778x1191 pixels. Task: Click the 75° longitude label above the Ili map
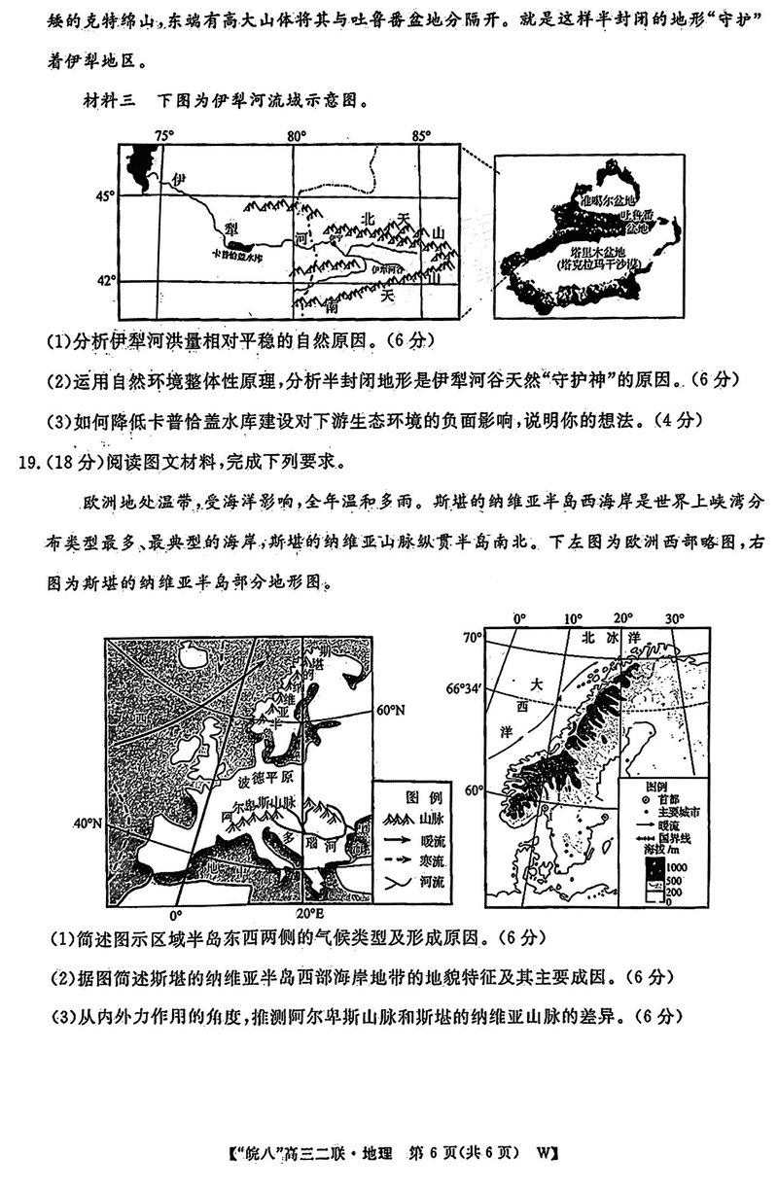(x=163, y=135)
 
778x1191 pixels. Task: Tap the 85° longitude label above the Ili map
(x=421, y=135)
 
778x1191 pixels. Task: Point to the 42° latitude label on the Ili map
(x=104, y=281)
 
